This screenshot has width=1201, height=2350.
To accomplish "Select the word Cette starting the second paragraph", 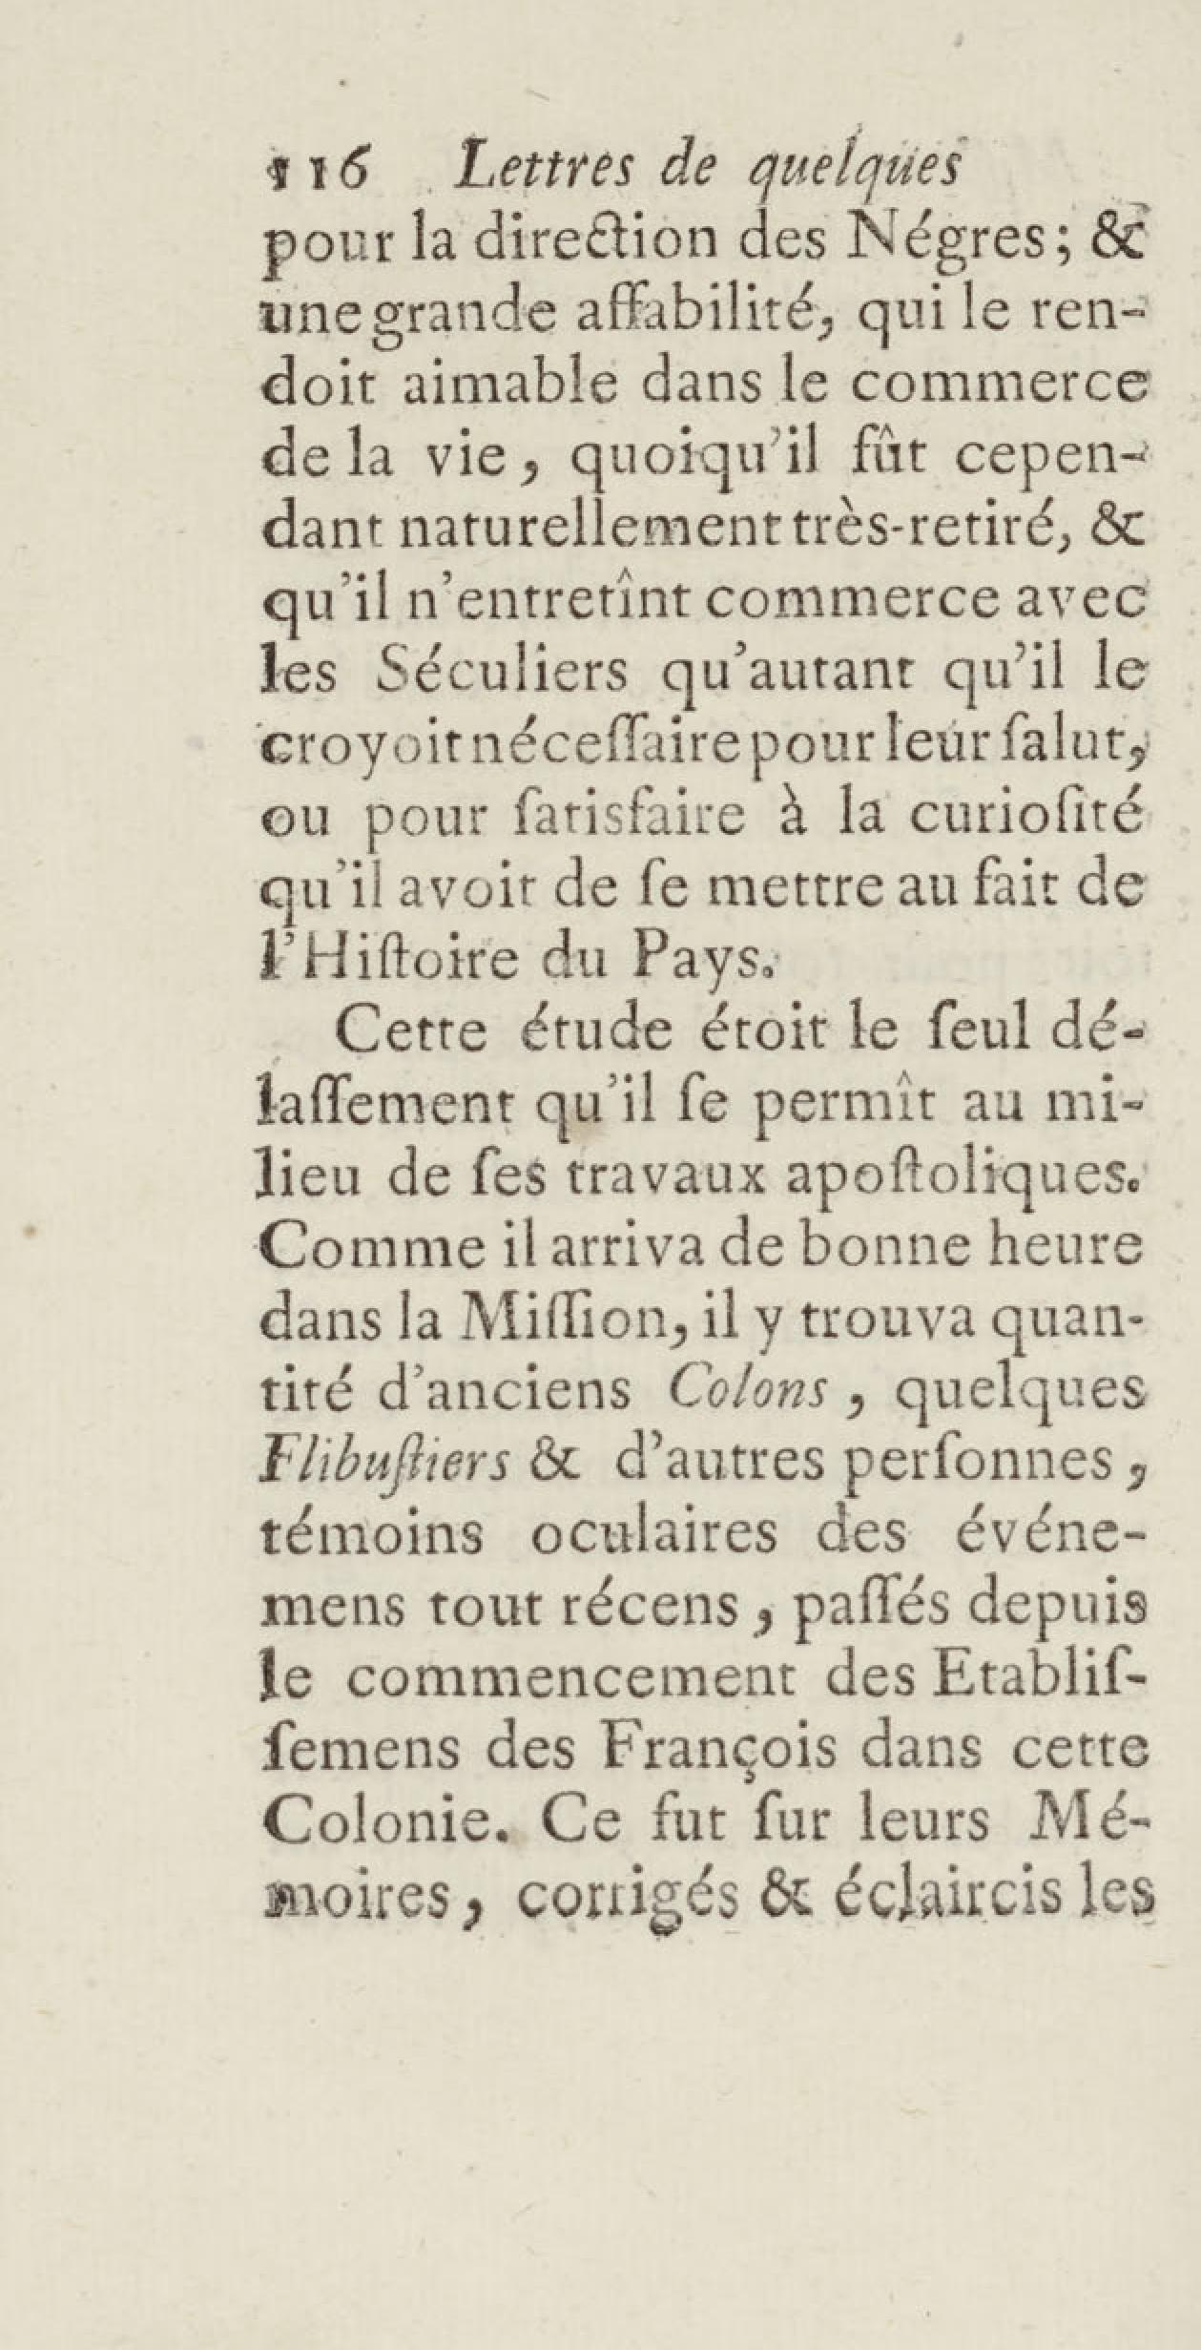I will coord(411,1032).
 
